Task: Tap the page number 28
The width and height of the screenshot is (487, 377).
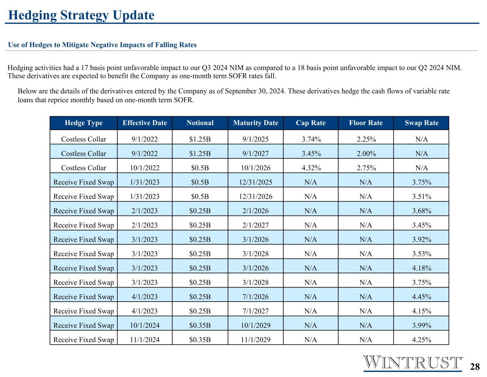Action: tap(475, 367)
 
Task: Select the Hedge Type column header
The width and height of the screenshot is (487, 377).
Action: tap(83, 123)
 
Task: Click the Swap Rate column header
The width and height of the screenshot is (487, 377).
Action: tap(422, 123)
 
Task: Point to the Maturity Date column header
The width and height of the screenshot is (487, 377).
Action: tap(255, 123)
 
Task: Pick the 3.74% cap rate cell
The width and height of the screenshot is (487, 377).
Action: tap(311, 139)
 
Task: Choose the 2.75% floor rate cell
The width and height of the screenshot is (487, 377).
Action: tap(366, 168)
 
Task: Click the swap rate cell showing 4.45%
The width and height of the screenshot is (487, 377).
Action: tap(422, 297)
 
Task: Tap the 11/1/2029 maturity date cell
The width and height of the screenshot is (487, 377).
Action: tap(255, 339)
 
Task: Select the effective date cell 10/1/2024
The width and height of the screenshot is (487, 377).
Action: tap(145, 326)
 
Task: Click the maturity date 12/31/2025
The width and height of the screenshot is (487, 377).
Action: tap(255, 182)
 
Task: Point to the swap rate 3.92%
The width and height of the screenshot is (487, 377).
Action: tap(422, 239)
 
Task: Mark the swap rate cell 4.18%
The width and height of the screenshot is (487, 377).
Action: tap(422, 268)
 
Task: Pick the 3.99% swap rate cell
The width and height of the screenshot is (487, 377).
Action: tap(422, 326)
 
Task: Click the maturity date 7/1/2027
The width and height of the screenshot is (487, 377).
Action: tap(255, 311)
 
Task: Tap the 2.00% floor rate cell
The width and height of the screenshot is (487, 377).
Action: tap(366, 154)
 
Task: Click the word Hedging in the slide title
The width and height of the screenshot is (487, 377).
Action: tap(32, 16)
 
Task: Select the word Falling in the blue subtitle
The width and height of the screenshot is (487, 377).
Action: tap(165, 45)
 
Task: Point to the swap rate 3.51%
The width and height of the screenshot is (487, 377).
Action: tap(422, 197)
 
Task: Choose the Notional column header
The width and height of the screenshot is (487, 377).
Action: tap(200, 123)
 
